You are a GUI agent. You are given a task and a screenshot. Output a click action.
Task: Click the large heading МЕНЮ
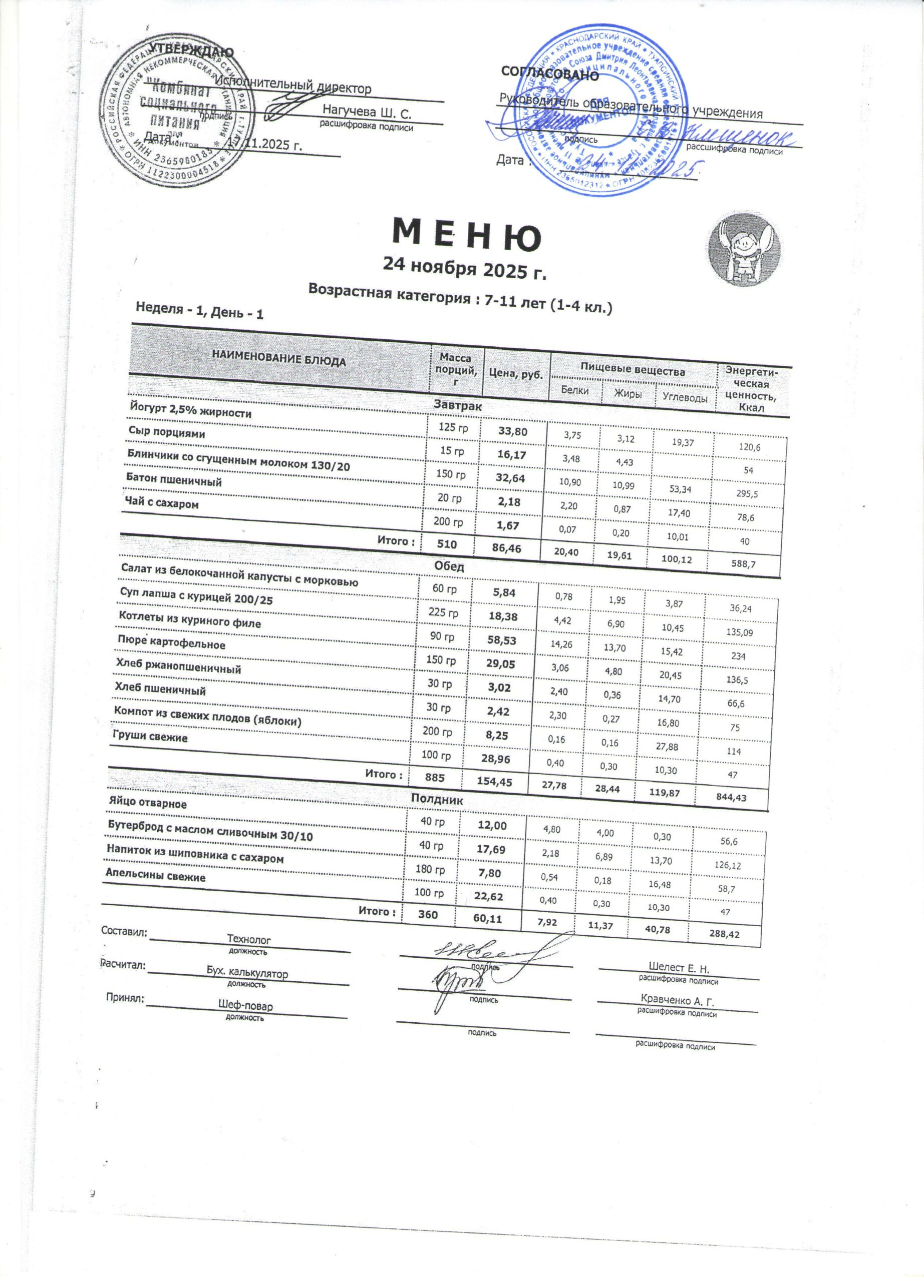466,236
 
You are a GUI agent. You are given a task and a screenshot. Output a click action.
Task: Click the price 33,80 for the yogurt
512,432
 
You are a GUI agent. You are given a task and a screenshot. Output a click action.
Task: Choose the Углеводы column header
685,398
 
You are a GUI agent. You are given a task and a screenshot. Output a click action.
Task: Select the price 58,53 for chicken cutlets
502,640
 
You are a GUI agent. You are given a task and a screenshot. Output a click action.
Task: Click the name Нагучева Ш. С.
367,112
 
